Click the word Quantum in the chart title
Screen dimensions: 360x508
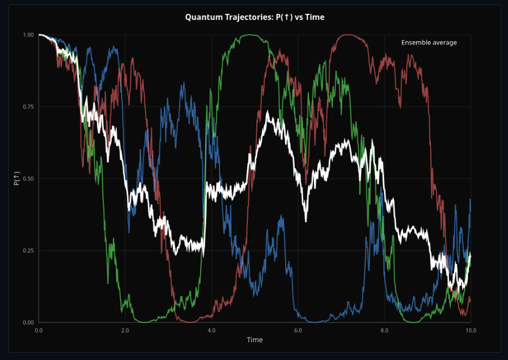201,17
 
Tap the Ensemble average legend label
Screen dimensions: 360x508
429,43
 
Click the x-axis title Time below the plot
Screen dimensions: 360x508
255,339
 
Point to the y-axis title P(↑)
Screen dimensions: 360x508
17,179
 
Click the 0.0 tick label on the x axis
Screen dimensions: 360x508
38,330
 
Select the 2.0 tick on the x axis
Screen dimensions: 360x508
125,330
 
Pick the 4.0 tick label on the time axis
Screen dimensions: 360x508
211,330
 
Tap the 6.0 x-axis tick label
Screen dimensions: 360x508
298,330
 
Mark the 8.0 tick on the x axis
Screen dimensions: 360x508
384,330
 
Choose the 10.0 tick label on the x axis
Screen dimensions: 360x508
470,330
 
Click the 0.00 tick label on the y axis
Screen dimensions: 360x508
28,322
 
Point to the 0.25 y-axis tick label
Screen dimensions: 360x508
28,251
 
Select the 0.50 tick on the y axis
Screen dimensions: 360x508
28,179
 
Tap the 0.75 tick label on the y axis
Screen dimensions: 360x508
28,107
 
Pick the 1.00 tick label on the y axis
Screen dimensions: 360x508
28,35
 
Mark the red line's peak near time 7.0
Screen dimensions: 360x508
346,35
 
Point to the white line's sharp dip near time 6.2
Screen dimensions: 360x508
306,221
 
